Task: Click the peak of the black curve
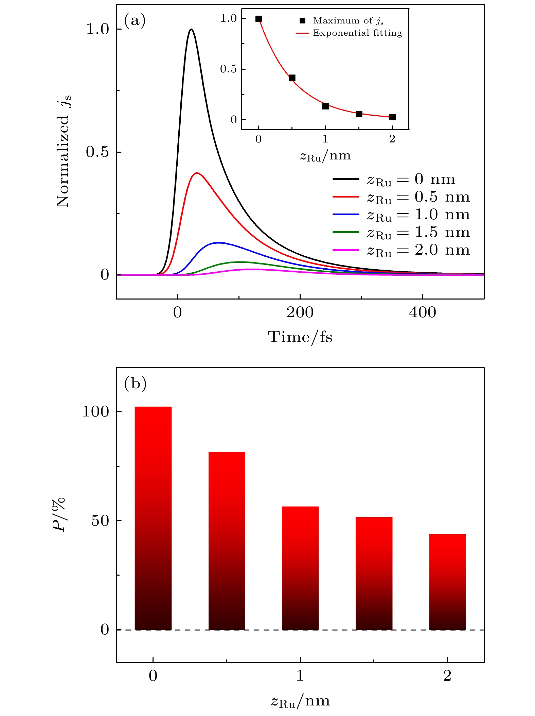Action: click(x=191, y=30)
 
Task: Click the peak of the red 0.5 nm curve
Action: click(x=197, y=173)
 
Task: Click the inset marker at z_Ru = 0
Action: click(x=259, y=19)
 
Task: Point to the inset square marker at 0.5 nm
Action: click(x=292, y=78)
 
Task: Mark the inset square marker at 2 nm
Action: click(x=392, y=117)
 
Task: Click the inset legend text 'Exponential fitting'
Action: click(x=357, y=33)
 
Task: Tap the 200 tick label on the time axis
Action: click(x=300, y=312)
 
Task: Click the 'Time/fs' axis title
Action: click(x=300, y=337)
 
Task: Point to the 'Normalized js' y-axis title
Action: click(x=64, y=151)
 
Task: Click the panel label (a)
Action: click(x=135, y=20)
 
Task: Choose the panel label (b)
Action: click(x=135, y=383)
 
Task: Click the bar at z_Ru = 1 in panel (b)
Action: click(x=300, y=568)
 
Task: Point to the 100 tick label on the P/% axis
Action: click(x=95, y=412)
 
